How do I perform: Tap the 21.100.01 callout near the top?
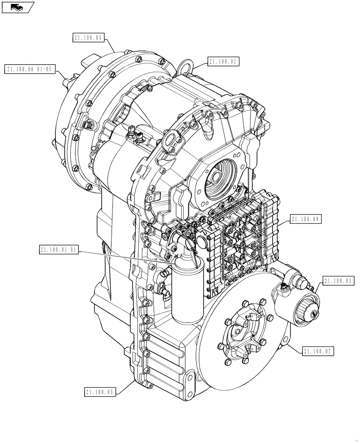point(223,62)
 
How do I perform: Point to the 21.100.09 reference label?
point(305,219)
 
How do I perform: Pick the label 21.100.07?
point(318,351)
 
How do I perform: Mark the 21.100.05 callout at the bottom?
point(99,392)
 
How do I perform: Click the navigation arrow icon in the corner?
point(17,7)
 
